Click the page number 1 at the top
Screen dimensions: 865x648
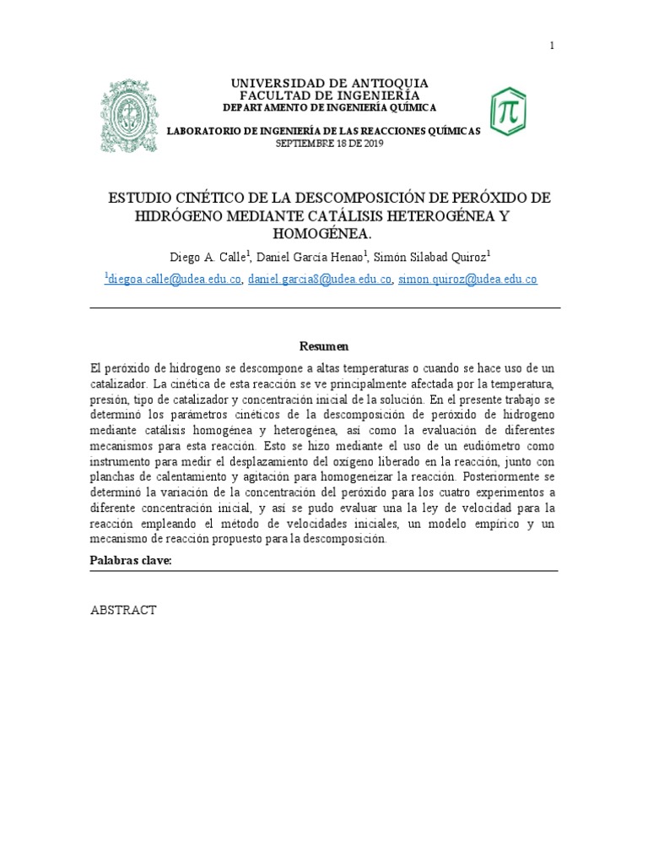[552, 46]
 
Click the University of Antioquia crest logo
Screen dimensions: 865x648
[129, 115]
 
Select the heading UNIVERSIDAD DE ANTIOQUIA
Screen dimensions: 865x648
[330, 83]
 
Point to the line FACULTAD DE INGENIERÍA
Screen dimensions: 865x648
[330, 95]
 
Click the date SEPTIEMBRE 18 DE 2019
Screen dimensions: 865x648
[330, 144]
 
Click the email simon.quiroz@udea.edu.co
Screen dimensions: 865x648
[467, 280]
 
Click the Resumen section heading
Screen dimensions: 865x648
[324, 346]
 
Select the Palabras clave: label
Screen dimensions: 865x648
[131, 561]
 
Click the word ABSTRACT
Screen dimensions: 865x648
[123, 610]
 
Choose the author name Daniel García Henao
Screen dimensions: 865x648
[310, 257]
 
